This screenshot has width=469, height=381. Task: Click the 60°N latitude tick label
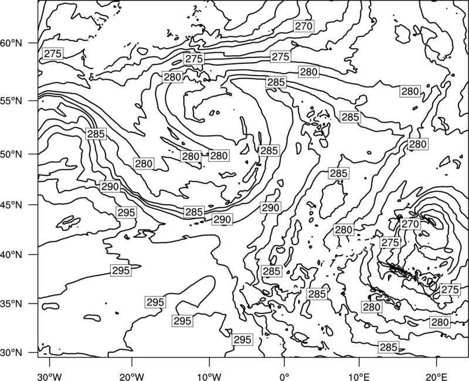(x=11, y=43)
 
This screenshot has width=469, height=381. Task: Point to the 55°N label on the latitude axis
(x=11, y=101)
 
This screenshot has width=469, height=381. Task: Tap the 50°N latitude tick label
(x=11, y=154)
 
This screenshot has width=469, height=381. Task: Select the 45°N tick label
(x=11, y=205)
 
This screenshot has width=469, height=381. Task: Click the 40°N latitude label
(x=11, y=255)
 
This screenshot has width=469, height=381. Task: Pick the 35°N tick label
(x=11, y=304)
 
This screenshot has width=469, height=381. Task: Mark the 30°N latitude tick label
(x=11, y=353)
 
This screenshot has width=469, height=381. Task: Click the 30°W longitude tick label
(x=50, y=376)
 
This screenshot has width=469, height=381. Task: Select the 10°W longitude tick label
(x=209, y=376)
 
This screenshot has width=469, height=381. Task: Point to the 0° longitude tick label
(x=284, y=376)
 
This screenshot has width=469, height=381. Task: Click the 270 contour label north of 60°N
(x=304, y=26)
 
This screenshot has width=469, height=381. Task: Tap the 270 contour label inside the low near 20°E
(x=410, y=224)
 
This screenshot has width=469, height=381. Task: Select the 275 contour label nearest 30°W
(x=53, y=53)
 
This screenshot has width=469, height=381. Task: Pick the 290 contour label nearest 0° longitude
(x=270, y=207)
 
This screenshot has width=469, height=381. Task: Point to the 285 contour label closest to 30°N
(x=389, y=347)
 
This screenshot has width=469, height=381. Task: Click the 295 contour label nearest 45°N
(x=127, y=213)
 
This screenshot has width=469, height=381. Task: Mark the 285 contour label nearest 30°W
(x=96, y=134)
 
